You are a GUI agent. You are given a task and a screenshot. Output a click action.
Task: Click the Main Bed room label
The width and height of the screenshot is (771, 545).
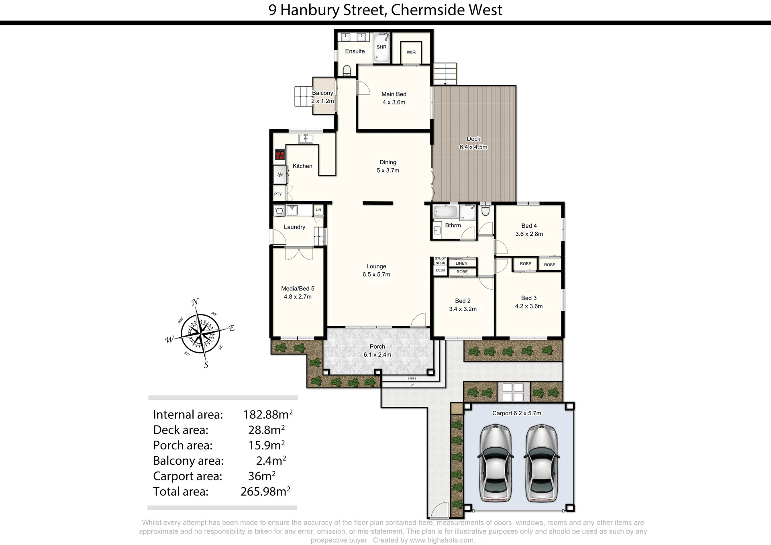(x=394, y=94)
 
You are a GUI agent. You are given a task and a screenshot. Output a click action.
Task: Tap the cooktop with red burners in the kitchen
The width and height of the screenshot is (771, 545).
(x=280, y=154)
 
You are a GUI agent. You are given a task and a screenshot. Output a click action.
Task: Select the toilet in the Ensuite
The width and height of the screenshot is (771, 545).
(x=347, y=71)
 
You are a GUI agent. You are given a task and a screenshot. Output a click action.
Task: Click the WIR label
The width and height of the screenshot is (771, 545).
(x=411, y=52)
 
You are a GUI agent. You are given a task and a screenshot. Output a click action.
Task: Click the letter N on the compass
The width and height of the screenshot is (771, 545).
(x=195, y=302)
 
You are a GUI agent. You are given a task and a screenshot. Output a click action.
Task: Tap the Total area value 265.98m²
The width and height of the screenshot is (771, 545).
(x=265, y=491)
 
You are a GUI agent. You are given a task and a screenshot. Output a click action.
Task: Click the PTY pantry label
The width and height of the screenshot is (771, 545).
(x=278, y=194)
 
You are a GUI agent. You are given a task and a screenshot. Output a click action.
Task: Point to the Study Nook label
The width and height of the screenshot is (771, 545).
(x=441, y=261)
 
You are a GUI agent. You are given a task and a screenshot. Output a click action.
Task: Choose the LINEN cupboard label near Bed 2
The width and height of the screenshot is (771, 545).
(x=461, y=263)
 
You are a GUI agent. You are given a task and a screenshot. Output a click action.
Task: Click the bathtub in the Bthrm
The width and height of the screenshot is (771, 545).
(x=445, y=211)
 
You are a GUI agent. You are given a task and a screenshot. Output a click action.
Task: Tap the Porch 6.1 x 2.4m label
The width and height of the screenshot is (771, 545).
(x=377, y=350)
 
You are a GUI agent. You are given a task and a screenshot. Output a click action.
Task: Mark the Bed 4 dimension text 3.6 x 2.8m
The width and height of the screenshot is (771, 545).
(x=529, y=234)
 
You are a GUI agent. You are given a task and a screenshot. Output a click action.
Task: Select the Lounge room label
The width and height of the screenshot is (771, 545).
(x=376, y=266)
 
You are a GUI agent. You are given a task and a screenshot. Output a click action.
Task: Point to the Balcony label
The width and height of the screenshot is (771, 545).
(x=322, y=93)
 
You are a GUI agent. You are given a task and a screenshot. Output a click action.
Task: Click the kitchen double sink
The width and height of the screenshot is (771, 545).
(x=306, y=139)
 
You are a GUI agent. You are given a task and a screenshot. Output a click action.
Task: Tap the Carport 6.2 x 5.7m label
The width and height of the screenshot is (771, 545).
(x=516, y=413)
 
